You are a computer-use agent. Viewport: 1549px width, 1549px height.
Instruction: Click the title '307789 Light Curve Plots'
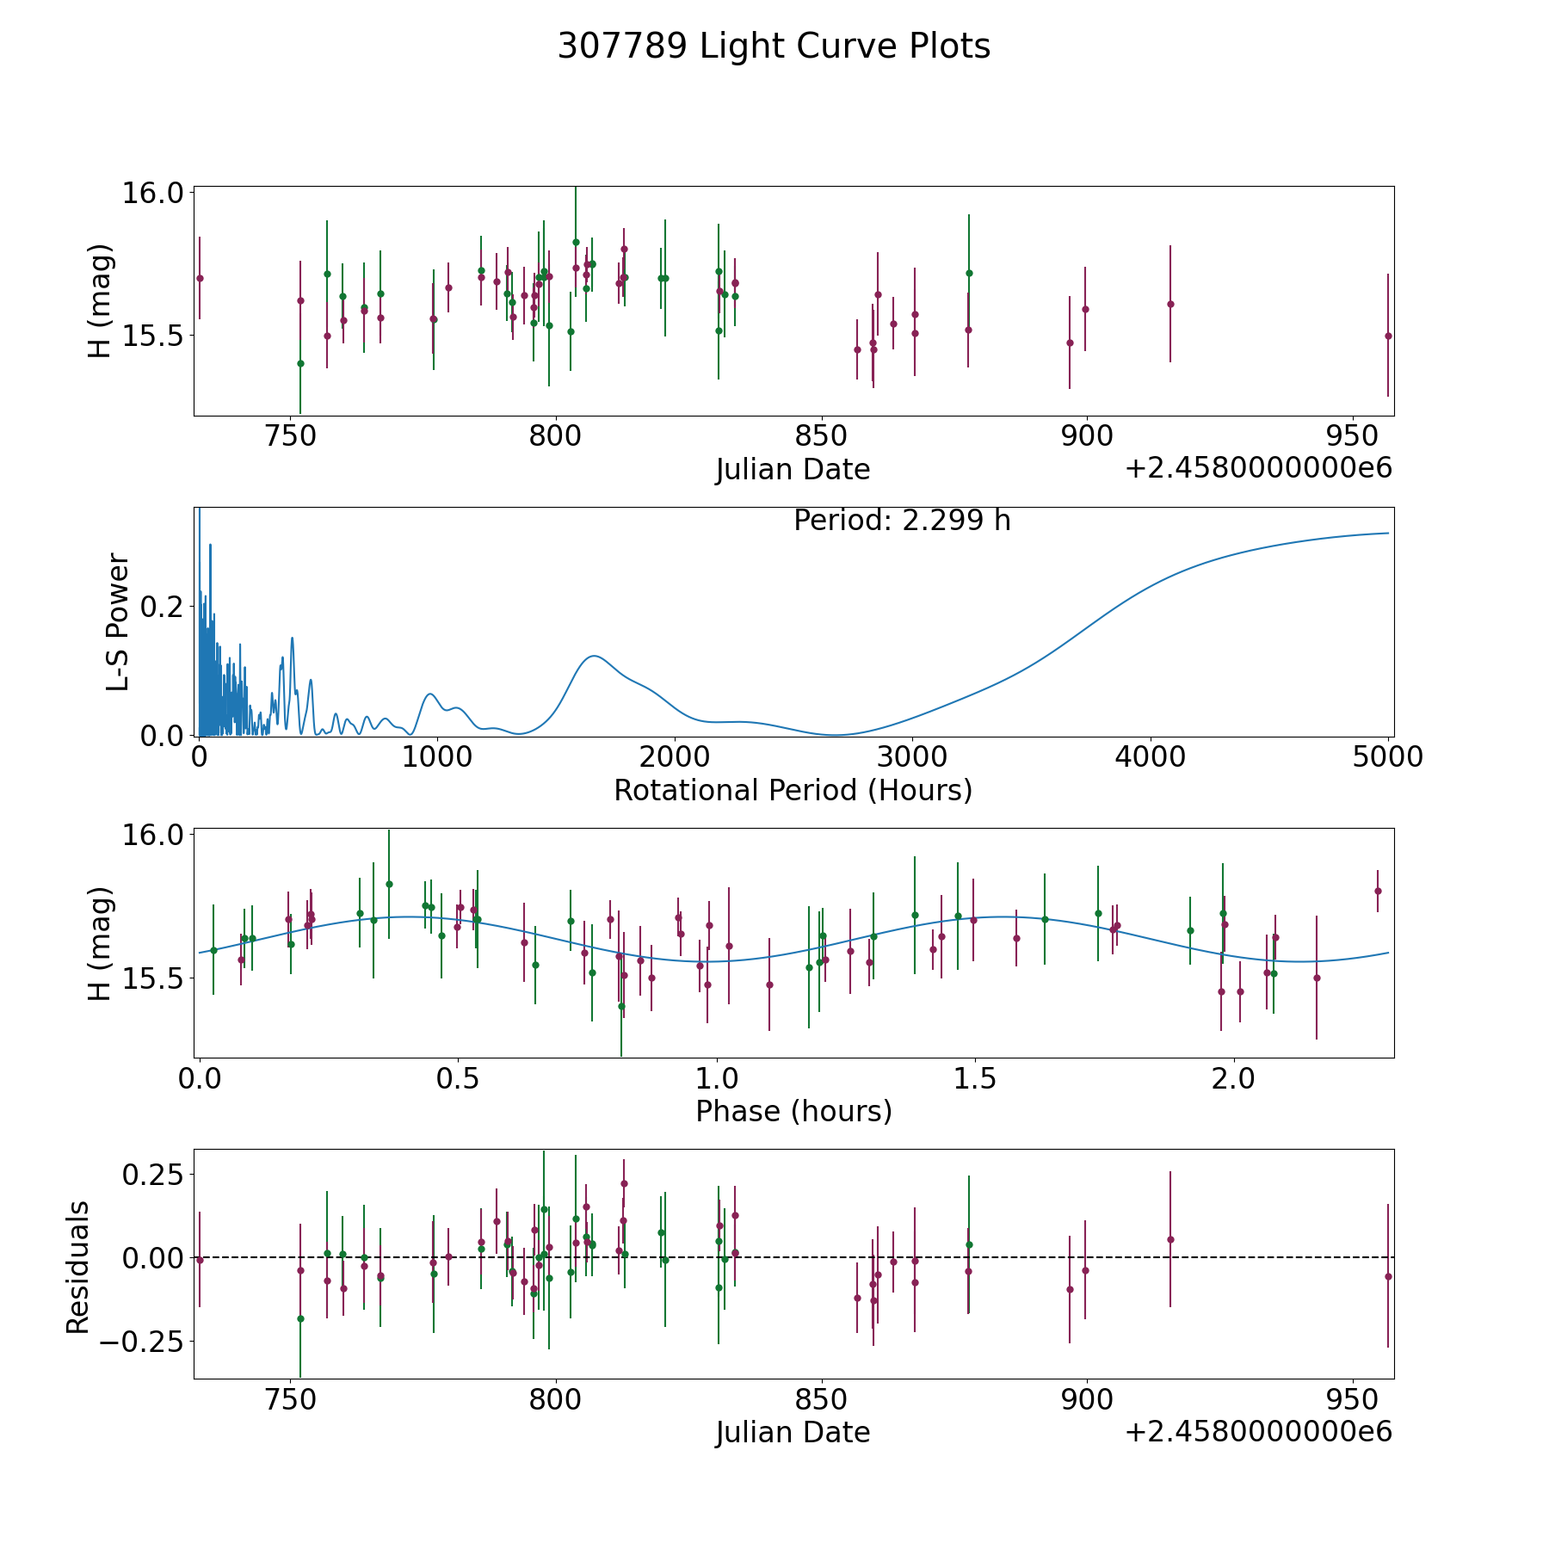tap(774, 46)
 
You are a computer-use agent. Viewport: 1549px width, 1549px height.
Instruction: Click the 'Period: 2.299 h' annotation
tap(902, 520)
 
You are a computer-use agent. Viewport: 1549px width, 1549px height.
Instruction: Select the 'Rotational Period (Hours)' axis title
tap(793, 790)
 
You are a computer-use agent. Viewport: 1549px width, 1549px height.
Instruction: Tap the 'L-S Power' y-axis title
tap(118, 622)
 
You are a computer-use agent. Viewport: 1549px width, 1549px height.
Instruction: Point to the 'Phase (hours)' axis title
tap(793, 1111)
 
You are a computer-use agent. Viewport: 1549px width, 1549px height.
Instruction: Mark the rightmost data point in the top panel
tap(1388, 336)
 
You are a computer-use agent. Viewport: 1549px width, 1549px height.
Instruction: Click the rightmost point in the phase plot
tap(1378, 891)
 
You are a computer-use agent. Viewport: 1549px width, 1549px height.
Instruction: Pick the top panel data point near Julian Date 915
tap(1170, 304)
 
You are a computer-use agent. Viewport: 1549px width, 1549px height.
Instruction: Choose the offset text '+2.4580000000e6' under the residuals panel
tap(1259, 1432)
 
